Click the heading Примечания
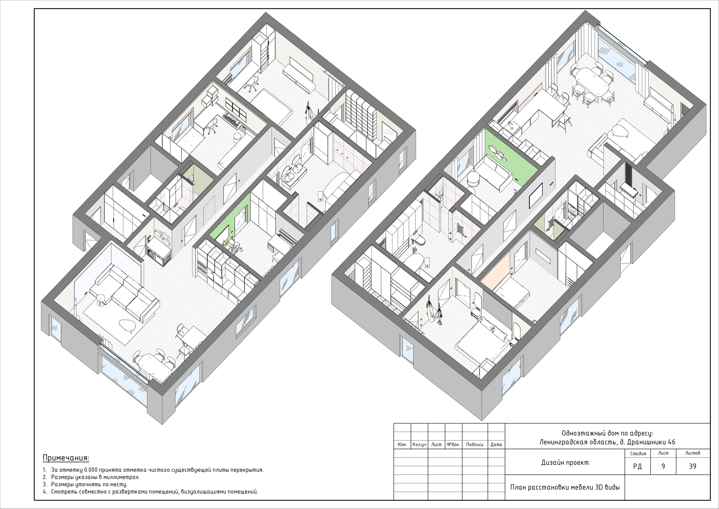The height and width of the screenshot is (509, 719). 66,458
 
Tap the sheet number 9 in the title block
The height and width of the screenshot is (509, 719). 663,466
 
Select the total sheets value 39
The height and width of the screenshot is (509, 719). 693,466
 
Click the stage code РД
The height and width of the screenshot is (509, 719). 637,466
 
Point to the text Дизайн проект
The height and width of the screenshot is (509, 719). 565,463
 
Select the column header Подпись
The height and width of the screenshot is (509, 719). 475,444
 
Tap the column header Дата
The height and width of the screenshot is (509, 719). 496,444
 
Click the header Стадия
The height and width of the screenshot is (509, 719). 638,453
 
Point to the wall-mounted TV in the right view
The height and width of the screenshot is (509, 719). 536,196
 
